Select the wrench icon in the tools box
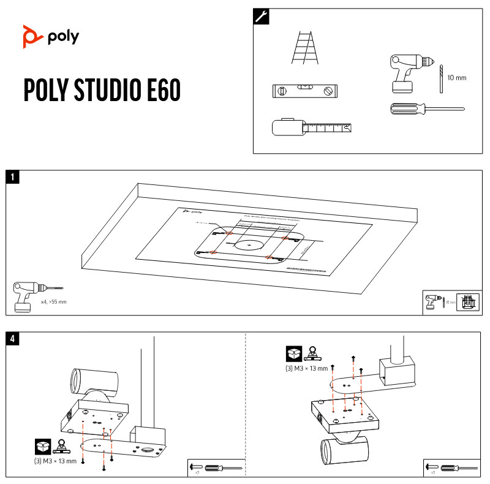coord(261,17)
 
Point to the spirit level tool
coord(304,91)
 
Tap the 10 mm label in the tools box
coord(457,78)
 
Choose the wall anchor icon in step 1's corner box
coord(467,302)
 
